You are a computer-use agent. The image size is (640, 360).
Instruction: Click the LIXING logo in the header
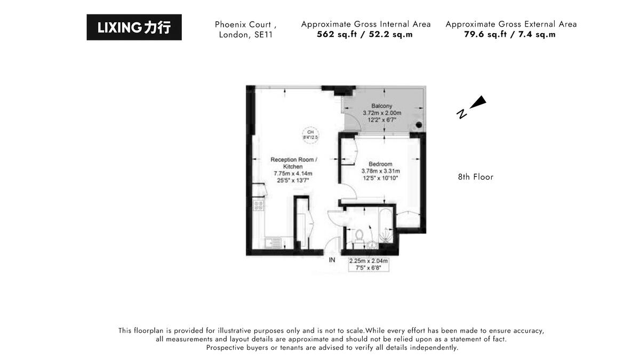(134, 27)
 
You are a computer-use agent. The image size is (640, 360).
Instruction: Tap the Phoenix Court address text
(245, 29)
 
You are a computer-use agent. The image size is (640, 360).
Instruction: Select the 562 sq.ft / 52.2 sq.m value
(365, 35)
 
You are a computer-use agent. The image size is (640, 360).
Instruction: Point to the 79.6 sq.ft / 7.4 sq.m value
(510, 35)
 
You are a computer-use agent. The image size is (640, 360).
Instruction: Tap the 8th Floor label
(475, 177)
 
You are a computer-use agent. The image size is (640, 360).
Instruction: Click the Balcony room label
(381, 106)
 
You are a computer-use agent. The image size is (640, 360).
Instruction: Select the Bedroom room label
(380, 164)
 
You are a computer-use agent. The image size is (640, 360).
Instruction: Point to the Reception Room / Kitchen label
(293, 163)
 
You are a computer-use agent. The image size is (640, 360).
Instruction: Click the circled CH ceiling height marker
(310, 134)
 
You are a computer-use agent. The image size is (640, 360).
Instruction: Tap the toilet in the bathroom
(359, 235)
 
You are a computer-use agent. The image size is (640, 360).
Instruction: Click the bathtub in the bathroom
(385, 227)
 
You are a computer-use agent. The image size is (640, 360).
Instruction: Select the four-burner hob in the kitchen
(259, 205)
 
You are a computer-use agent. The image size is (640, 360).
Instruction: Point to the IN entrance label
(332, 260)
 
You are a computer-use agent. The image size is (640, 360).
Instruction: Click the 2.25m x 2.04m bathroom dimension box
(368, 265)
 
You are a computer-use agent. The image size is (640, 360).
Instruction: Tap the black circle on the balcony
(419, 125)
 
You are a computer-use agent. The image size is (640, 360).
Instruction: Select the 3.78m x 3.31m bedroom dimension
(380, 171)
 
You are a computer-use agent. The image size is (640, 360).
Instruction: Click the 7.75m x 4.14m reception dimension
(293, 173)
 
